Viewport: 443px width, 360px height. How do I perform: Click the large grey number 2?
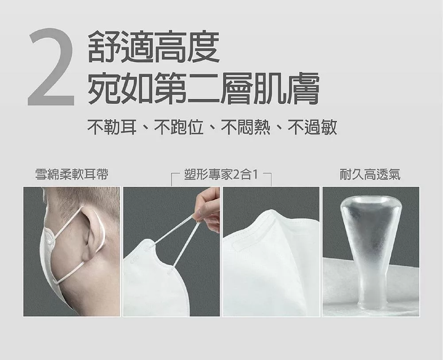click(x=51, y=67)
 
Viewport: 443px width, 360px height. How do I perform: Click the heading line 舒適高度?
click(x=154, y=47)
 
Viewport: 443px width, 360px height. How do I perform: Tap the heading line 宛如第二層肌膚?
click(x=203, y=88)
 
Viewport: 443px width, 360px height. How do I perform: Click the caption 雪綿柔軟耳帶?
click(x=72, y=174)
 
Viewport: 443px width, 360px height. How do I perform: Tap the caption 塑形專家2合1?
click(x=221, y=174)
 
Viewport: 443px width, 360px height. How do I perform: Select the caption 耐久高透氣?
click(x=370, y=174)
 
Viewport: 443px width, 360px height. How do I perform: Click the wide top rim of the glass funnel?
click(x=371, y=202)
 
